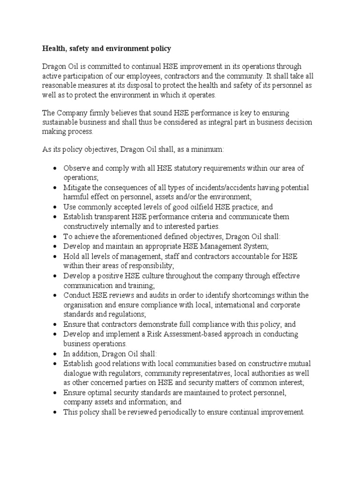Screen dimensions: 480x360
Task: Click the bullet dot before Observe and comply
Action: point(55,168)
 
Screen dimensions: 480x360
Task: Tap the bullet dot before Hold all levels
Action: point(55,256)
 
